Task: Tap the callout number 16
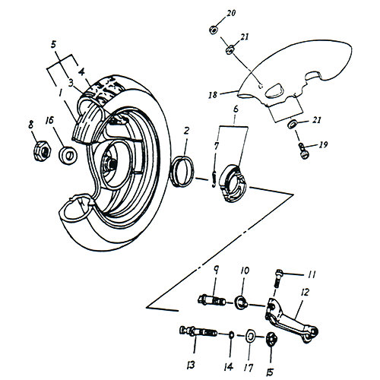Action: point(49,119)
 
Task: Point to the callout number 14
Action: point(230,352)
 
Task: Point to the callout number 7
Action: point(217,145)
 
